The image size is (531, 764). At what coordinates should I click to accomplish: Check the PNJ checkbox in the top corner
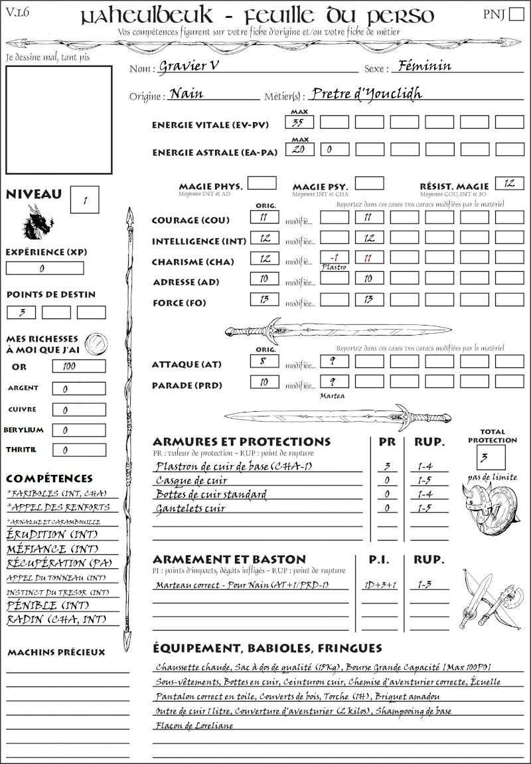tap(515, 15)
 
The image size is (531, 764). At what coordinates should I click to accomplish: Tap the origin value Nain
tap(187, 94)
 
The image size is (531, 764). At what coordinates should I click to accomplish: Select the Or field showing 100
tap(78, 366)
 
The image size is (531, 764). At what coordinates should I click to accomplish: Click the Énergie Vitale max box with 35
tap(300, 122)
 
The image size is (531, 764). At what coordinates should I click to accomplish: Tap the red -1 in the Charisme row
tap(334, 257)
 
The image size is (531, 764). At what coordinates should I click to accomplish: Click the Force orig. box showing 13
tap(264, 300)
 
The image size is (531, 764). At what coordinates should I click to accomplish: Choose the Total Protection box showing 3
tap(491, 457)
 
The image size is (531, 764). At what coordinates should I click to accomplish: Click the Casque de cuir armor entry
tap(191, 480)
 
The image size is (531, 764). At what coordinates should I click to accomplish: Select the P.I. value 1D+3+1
tap(379, 585)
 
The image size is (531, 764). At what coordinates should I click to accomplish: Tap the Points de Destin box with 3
tap(21, 312)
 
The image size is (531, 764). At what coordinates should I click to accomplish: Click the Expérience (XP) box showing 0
tap(44, 268)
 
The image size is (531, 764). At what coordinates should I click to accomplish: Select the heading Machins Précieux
tap(56, 653)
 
